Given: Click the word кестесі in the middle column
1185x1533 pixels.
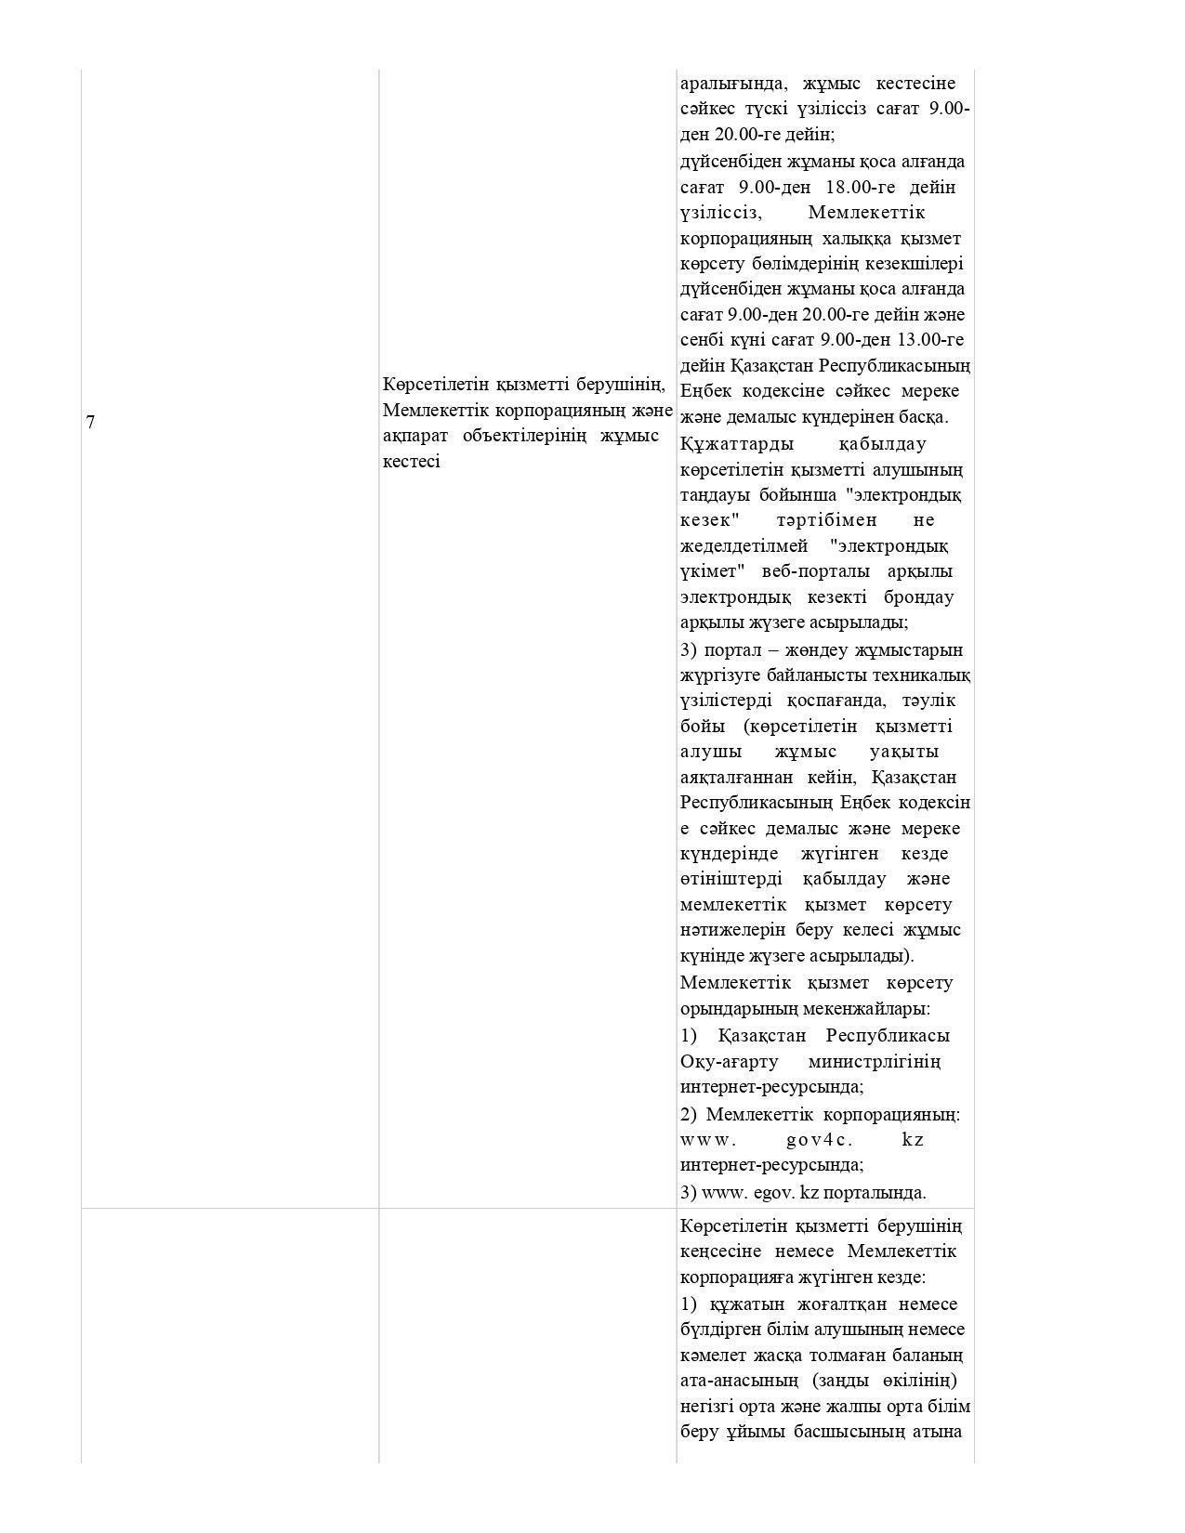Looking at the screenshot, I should click(411, 461).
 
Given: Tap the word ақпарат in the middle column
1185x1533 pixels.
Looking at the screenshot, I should click(415, 435).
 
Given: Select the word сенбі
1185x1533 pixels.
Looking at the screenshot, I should click(704, 339).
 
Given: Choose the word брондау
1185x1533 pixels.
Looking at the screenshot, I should click(917, 596).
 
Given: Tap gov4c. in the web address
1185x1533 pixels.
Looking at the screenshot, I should click(819, 1139).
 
